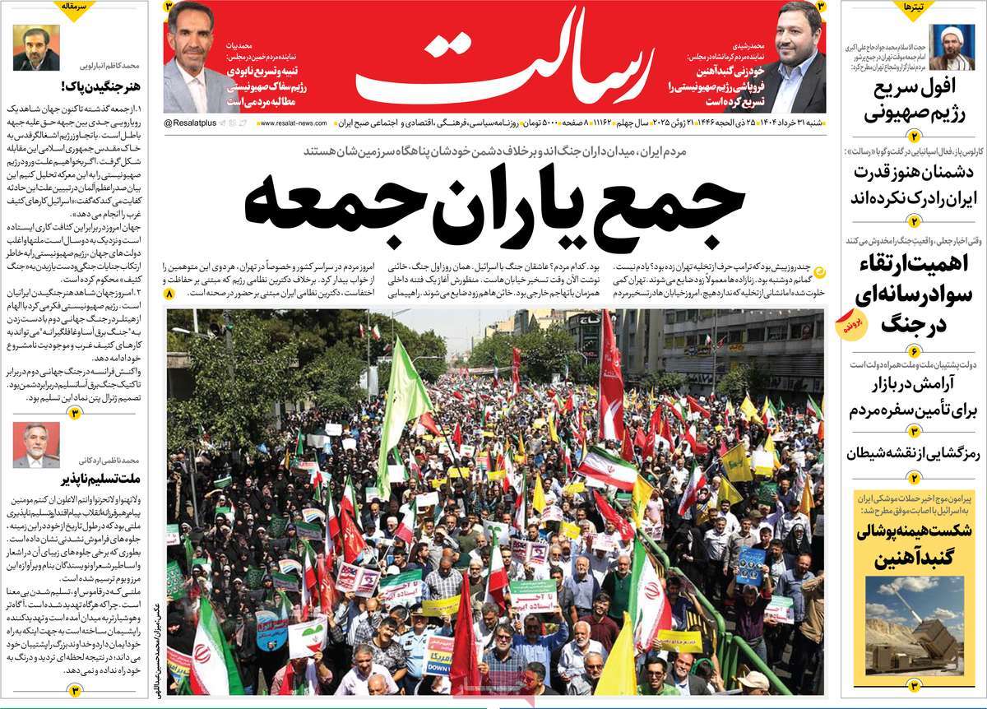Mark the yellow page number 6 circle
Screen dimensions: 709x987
coord(913,351)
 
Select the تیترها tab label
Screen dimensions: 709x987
coord(913,7)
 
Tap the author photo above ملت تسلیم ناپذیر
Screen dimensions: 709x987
coord(36,445)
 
